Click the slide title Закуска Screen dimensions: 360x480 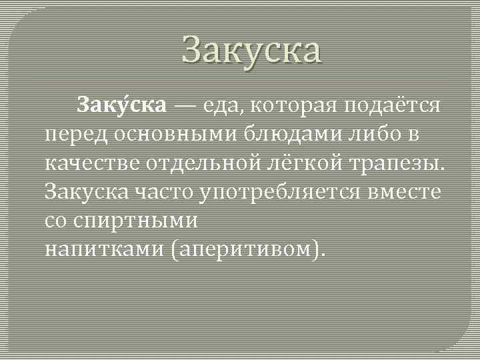251,51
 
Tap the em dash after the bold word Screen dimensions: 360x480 187,105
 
